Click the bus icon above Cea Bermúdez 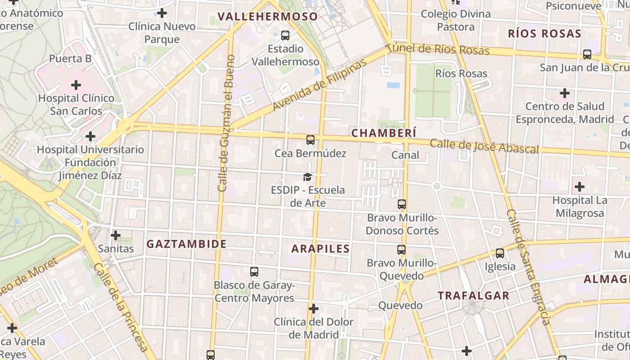310,140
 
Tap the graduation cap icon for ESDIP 307,177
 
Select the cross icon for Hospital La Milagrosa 580,186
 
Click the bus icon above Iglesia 500,253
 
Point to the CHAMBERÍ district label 384,133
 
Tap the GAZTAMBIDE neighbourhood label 186,244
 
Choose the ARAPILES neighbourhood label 320,248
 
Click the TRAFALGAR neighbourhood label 474,295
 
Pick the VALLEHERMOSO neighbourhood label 268,17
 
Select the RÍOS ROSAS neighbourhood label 544,33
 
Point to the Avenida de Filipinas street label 319,85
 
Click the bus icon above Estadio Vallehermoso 285,35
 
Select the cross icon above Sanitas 116,235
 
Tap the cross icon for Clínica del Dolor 314,309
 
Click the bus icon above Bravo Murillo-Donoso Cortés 402,204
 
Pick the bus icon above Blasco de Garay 254,272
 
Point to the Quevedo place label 400,306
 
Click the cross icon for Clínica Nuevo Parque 162,13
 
